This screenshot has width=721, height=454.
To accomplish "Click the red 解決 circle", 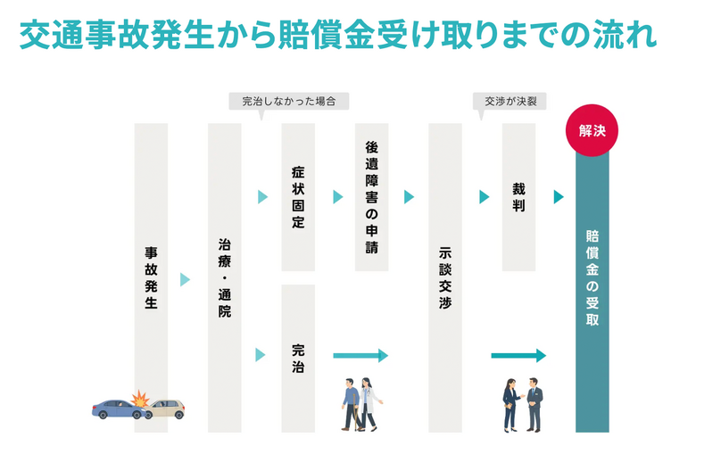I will pos(591,131).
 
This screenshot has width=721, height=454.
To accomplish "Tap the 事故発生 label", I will pos(151,277).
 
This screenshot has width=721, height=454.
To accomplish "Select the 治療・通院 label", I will pos(224,277).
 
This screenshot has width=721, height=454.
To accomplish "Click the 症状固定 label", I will pos(298,196).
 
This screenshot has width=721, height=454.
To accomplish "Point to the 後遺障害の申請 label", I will pos(371,196).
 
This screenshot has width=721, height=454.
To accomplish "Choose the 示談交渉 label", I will pos(445,277).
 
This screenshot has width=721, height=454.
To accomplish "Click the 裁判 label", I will pos(518,196).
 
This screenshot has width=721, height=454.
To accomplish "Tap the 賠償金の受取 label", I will pos(592,277).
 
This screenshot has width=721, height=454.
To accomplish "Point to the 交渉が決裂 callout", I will pos(510,101).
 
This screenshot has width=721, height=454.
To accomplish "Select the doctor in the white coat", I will pos(369,402).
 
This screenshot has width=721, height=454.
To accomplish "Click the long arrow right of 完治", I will pos(360,356).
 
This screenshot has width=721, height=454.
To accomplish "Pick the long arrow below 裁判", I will pos(518,356).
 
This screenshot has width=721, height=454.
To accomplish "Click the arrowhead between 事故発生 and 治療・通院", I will pos(186,279).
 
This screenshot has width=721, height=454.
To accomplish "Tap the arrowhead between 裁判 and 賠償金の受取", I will pos(559,197).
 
